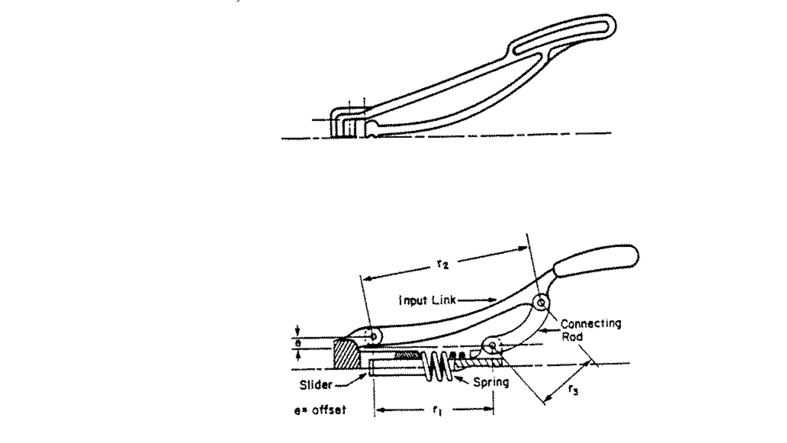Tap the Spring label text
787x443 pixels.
pyautogui.click(x=491, y=384)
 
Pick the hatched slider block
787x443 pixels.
pyautogui.click(x=345, y=354)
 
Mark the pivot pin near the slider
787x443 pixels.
pyautogui.click(x=373, y=335)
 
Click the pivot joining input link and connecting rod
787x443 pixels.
pyautogui.click(x=541, y=302)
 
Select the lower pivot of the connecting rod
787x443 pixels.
pyautogui.click(x=492, y=346)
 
